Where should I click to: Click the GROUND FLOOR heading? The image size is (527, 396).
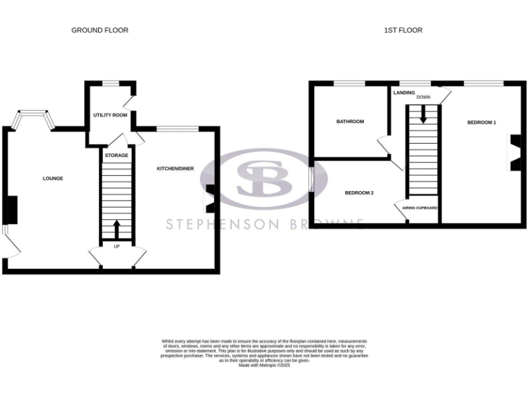point(99,30)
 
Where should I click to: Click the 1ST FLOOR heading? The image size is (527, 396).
point(404,30)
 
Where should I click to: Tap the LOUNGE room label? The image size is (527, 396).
point(53,179)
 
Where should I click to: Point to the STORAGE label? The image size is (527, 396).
point(117,155)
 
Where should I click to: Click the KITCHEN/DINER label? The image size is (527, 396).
point(175,168)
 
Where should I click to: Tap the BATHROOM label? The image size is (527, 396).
point(350,122)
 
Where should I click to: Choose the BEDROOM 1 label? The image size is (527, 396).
point(482,122)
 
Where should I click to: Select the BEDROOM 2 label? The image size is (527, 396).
point(359,192)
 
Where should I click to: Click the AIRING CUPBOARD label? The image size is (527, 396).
point(419,208)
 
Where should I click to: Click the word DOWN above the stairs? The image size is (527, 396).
point(423,98)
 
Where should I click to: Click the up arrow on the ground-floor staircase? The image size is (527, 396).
point(117,228)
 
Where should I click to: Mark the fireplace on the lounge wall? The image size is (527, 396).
point(9,210)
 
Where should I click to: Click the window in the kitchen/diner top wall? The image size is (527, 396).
point(177,128)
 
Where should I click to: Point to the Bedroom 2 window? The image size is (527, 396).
point(311,180)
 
